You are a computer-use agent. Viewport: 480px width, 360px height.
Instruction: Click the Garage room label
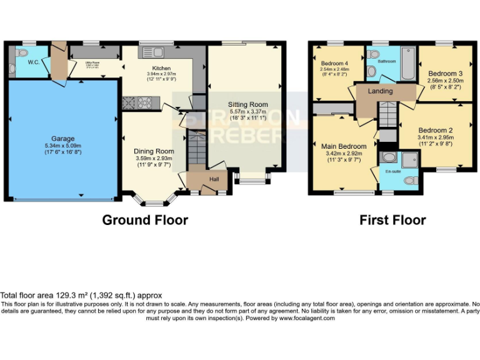(x=62, y=138)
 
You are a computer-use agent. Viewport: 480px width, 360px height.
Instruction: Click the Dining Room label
(x=153, y=151)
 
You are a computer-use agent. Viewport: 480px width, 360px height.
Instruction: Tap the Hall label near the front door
(x=213, y=179)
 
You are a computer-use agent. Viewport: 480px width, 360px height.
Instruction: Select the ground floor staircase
(x=196, y=152)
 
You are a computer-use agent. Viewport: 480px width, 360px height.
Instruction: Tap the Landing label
(x=380, y=91)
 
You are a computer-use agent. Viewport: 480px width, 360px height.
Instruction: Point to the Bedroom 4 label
(x=335, y=63)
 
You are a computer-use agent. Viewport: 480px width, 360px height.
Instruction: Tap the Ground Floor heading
(x=144, y=219)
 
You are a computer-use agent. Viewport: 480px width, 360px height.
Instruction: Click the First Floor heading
(x=392, y=219)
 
